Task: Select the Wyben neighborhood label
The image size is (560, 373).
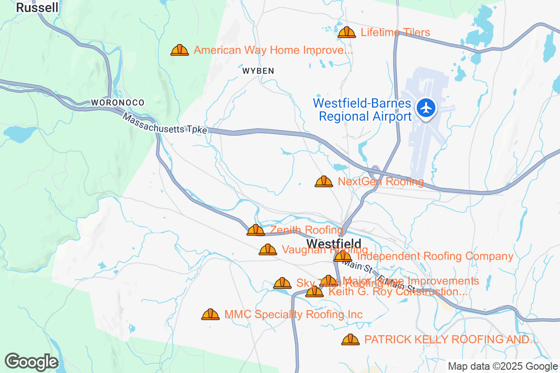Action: (x=258, y=71)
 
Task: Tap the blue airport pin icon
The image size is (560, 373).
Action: (x=426, y=108)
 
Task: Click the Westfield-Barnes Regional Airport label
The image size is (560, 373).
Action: (x=362, y=110)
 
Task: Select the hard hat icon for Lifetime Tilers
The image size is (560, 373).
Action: (x=347, y=32)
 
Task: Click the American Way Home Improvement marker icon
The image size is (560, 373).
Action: (x=180, y=50)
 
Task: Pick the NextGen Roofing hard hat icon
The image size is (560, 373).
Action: (x=324, y=181)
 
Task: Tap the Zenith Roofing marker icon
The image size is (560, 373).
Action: (x=256, y=230)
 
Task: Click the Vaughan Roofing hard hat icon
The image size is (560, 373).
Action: (x=268, y=250)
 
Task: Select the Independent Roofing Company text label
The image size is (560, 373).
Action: (x=435, y=256)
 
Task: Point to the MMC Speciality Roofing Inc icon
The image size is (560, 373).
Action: (x=210, y=315)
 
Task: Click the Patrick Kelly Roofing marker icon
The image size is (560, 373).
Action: (x=350, y=339)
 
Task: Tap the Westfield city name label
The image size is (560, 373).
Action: (x=334, y=243)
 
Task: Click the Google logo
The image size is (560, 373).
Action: (x=32, y=362)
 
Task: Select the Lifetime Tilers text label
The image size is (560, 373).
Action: (x=395, y=32)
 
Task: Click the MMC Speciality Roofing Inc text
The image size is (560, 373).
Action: (x=294, y=315)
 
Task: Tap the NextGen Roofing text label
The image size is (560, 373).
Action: (x=381, y=181)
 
